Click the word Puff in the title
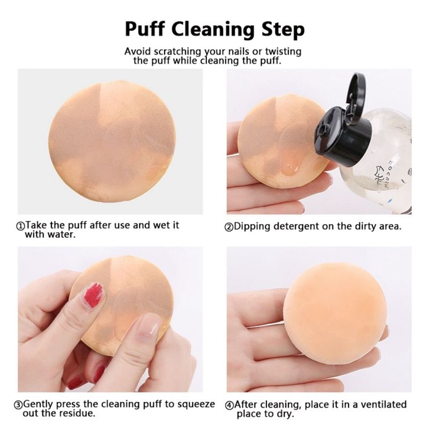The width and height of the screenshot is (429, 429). pyautogui.click(x=145, y=29)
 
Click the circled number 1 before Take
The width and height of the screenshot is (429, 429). pyautogui.click(x=20, y=226)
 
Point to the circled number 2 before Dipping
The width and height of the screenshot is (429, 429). pyautogui.click(x=229, y=227)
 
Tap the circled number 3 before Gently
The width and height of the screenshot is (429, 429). pyautogui.click(x=18, y=405)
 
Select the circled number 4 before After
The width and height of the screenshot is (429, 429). pyautogui.click(x=229, y=405)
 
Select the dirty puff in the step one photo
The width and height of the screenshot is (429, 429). pyautogui.click(x=112, y=142)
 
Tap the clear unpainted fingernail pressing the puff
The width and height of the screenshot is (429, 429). pyautogui.click(x=149, y=325)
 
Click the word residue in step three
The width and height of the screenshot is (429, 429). pyautogui.click(x=77, y=413)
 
